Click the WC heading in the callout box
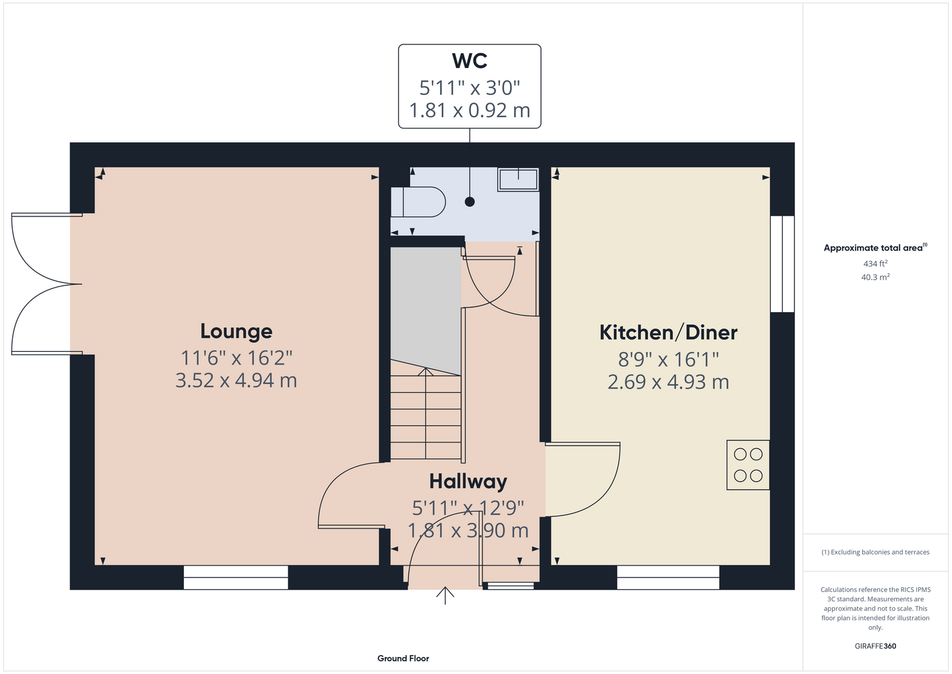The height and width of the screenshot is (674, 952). (x=469, y=61)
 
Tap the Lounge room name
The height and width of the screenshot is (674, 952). (x=236, y=331)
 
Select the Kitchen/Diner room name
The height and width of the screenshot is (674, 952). (x=668, y=332)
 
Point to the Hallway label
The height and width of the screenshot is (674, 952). (x=468, y=482)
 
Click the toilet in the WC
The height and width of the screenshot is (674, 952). (x=418, y=202)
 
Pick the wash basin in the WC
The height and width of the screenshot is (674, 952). (x=518, y=179)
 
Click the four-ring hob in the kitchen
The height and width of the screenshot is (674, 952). (x=748, y=465)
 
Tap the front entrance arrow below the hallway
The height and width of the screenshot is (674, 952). (x=445, y=595)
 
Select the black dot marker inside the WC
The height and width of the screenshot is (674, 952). (x=470, y=202)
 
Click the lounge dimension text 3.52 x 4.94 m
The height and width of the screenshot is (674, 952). (x=236, y=380)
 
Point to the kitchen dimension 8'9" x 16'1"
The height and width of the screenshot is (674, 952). (x=668, y=359)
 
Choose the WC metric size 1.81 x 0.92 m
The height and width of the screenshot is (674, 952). (x=470, y=111)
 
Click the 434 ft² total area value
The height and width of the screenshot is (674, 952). (x=875, y=264)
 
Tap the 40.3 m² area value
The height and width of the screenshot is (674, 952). (x=875, y=277)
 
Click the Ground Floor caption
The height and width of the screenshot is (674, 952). (x=404, y=658)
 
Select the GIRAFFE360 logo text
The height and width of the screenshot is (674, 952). (x=875, y=646)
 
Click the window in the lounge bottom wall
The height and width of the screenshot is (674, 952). (x=236, y=577)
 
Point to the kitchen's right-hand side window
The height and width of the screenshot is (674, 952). (x=782, y=264)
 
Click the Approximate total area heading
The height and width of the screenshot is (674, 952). (x=875, y=247)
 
